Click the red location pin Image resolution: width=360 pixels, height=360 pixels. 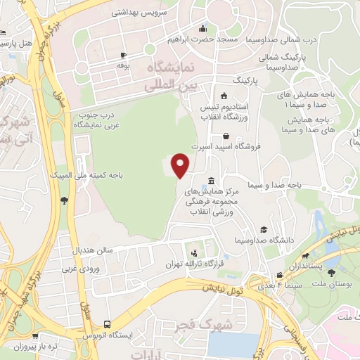pyautogui.click(x=181, y=165)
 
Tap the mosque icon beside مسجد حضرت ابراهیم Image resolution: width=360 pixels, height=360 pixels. pyautogui.click(x=203, y=29)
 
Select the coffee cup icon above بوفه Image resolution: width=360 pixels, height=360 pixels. pyautogui.click(x=123, y=56)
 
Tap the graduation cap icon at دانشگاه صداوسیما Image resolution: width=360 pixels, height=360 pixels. pyautogui.click(x=264, y=229)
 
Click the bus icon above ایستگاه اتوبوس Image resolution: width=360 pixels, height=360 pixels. pyautogui.click(x=106, y=325)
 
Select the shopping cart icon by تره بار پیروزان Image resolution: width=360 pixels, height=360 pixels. pyautogui.click(x=13, y=347)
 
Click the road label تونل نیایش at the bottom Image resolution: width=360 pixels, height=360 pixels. pyautogui.click(x=207, y=289)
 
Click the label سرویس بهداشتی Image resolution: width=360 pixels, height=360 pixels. pyautogui.click(x=143, y=13)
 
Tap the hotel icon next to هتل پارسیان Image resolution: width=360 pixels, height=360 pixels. pyautogui.click(x=4, y=32)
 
